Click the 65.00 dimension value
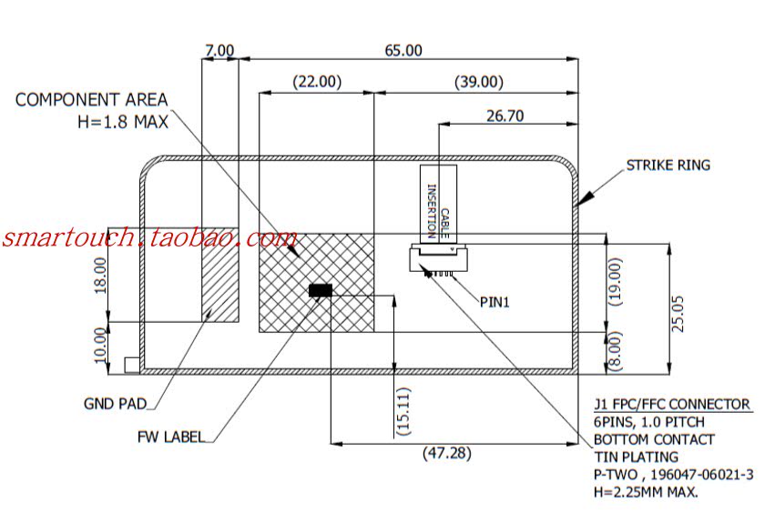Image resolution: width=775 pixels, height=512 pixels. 403,51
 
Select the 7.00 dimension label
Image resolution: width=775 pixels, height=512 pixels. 219,51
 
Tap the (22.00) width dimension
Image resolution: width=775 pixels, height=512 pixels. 316,82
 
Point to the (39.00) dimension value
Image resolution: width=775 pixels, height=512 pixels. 478,82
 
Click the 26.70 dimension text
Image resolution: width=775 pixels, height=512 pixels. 505,115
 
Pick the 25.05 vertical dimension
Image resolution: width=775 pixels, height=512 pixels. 678,314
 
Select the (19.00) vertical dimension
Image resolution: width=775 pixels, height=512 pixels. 617,283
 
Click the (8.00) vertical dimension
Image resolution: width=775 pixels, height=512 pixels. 617,350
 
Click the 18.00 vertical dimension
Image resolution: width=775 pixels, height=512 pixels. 100,273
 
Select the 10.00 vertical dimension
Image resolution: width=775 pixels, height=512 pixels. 100,345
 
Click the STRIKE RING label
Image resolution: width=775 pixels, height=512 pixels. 668,166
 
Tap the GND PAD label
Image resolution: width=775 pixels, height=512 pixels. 115,404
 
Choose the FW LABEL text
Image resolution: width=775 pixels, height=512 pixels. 170,436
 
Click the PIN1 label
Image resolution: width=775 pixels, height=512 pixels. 495,301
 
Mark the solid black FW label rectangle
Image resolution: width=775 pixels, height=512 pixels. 321,290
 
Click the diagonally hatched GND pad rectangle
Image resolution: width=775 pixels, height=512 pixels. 219,274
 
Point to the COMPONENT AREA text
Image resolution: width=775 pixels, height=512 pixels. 91,100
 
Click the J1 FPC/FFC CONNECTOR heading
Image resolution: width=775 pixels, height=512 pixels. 672,405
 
